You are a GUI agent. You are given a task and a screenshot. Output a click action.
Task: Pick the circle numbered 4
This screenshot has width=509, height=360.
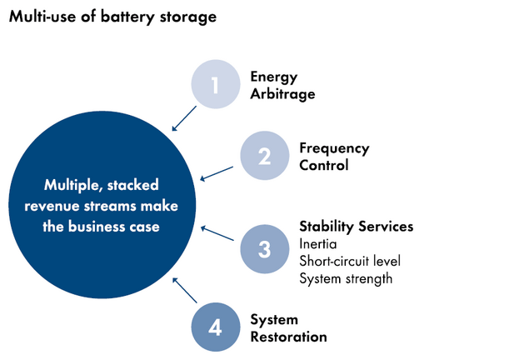click(215, 327)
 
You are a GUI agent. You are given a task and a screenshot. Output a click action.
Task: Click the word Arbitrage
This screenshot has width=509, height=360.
click(283, 94)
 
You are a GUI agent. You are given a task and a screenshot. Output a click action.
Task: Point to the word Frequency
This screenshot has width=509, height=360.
click(333, 148)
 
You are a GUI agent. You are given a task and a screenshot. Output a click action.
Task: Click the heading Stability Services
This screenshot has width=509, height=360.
click(356, 227)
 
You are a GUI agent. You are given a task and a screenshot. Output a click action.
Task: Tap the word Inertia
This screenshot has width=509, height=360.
click(318, 244)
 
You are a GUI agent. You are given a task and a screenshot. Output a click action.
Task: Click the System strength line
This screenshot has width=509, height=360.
click(345, 278)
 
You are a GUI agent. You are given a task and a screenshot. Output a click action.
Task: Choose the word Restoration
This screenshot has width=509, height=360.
click(288, 337)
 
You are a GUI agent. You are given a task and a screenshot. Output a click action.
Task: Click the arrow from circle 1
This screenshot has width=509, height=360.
click(182, 119)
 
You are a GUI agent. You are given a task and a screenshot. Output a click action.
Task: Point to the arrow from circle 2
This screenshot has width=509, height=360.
click(217, 172)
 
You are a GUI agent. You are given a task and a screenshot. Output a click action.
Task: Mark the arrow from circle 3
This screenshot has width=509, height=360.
click(218, 232)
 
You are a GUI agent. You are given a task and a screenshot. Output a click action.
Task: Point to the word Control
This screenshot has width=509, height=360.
click(324, 165)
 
